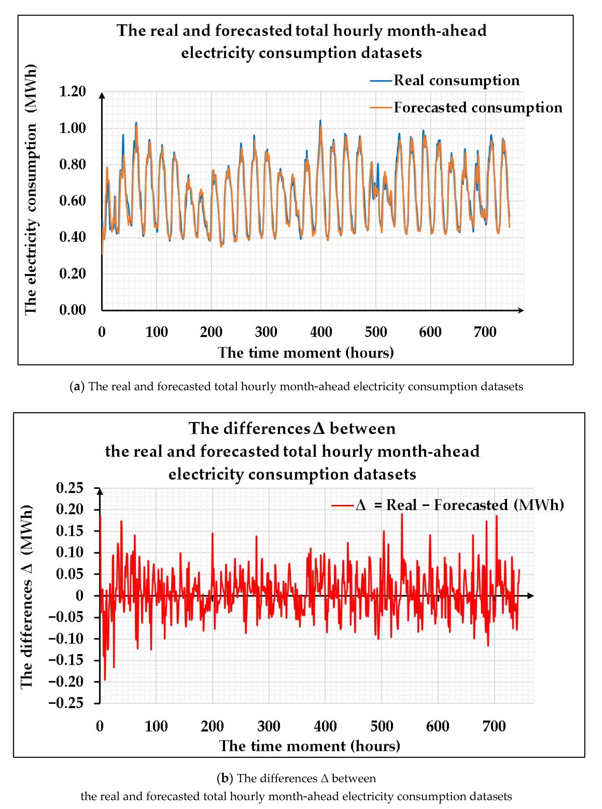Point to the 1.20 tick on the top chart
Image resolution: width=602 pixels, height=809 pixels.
click(72, 91)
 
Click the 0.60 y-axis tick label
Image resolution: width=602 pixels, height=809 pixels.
click(72, 201)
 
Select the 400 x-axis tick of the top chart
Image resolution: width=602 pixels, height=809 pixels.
click(321, 332)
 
